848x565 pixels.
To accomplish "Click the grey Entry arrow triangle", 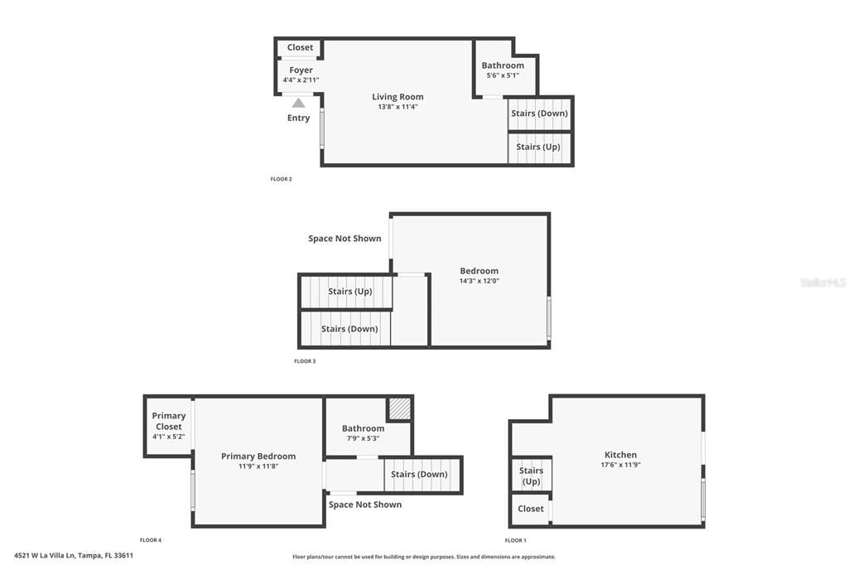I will [x=298, y=103].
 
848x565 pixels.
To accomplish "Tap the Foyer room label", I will [x=301, y=70].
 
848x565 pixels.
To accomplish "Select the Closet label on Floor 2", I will [x=300, y=47].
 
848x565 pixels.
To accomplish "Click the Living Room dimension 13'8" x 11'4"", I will [x=397, y=107].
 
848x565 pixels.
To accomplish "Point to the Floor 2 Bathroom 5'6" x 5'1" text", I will [x=503, y=75].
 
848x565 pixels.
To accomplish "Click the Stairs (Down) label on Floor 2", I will [x=539, y=113].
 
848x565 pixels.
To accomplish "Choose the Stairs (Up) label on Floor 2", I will [x=538, y=147].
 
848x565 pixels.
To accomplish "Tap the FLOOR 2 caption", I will [x=282, y=179].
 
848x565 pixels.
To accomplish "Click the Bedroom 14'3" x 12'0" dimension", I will [x=479, y=281].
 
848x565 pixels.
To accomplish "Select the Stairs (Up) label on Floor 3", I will [x=349, y=292].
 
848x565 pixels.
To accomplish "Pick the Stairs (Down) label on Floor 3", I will [x=349, y=329].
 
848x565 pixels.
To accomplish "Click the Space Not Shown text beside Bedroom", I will [x=344, y=239].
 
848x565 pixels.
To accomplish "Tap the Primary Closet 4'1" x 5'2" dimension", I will [x=168, y=437].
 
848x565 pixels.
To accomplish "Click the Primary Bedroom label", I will [x=258, y=456].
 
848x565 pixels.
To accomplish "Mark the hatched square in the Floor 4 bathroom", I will [x=400, y=408].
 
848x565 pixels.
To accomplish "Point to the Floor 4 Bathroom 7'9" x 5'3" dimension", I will [x=363, y=438].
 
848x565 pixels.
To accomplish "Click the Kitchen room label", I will [x=620, y=455].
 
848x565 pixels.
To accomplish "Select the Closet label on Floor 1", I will [x=531, y=509].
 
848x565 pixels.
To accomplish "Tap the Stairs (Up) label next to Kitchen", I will [x=531, y=476].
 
